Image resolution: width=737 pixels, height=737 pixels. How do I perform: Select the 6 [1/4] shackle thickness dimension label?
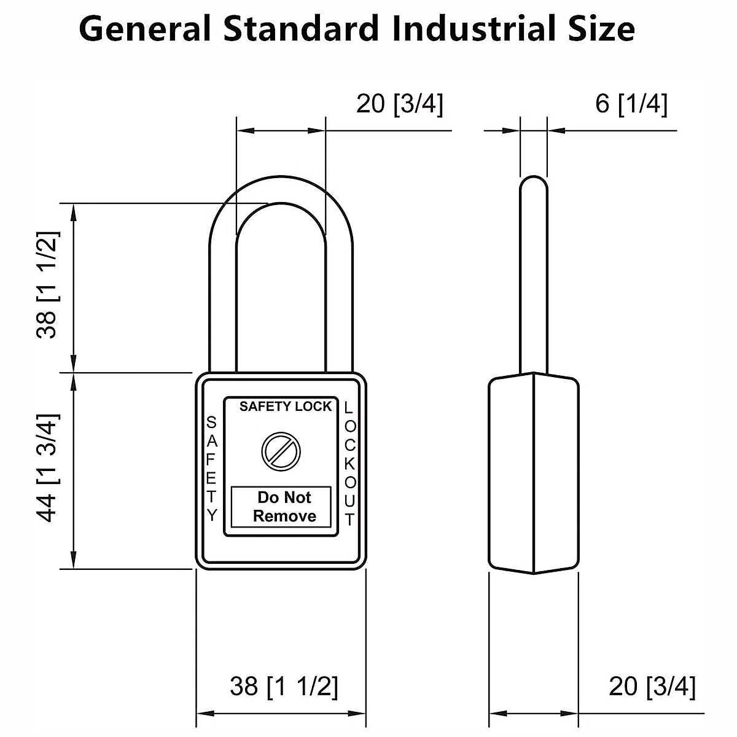631,104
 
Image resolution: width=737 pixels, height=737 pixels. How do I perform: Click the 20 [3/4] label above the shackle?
399,104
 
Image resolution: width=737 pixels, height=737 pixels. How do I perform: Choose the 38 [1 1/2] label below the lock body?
284,686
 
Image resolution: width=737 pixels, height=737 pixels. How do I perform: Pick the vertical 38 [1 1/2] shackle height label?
49,284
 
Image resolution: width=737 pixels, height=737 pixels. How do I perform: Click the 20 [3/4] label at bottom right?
652,686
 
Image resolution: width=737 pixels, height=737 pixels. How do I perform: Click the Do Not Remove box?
281,507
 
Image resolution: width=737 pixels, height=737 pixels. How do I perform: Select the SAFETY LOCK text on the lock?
285,406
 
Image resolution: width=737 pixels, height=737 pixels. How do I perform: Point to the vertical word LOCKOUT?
349,463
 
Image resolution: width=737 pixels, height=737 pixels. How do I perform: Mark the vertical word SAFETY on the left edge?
211,469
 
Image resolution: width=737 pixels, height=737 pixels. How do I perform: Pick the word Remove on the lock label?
284,516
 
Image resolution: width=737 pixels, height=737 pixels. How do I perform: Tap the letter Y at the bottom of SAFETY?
212,515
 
